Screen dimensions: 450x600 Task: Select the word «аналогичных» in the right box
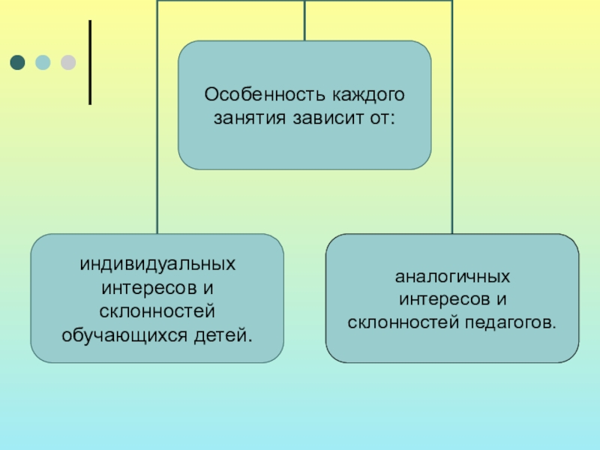tap(452, 277)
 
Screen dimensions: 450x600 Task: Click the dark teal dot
tap(17, 62)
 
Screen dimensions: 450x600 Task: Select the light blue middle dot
tap(43, 62)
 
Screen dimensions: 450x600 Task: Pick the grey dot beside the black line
tap(68, 62)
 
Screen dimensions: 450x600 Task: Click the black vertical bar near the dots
tap(91, 62)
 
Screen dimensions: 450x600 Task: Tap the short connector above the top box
tap(304, 20)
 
